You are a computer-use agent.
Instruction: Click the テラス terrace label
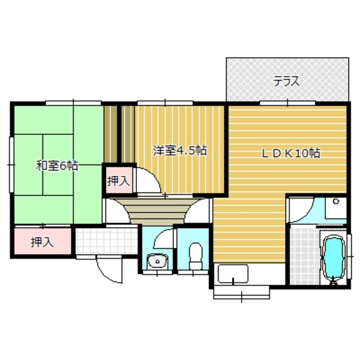pos(286,81)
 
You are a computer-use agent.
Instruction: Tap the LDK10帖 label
pos(291,153)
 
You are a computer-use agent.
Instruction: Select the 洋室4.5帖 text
pos(180,151)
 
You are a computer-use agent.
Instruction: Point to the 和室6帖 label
pos(57,166)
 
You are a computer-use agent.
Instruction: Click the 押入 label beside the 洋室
pos(119,181)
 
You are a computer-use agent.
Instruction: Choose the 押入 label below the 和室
pos(42,242)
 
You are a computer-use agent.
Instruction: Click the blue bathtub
pos(334,258)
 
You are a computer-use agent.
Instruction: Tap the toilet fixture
pos(195,256)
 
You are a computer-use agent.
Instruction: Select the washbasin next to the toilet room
pos(157,262)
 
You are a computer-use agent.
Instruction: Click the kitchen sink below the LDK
pos(233,274)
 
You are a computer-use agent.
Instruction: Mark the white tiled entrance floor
pos(107,241)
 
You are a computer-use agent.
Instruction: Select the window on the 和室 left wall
pos(12,165)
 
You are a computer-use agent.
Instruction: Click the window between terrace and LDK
pos(287,103)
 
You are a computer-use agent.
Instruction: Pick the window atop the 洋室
pos(165,103)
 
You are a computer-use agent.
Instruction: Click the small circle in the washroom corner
pos(336,202)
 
